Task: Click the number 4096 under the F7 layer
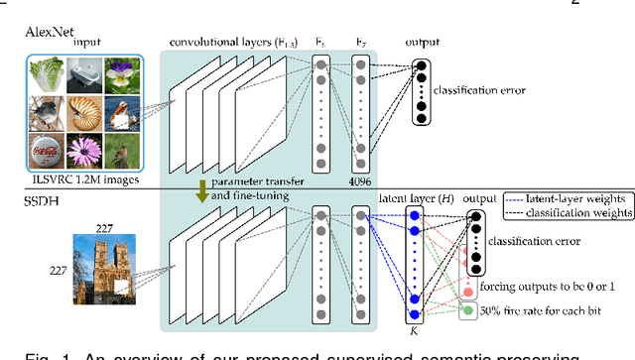click(x=359, y=181)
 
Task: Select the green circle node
click(x=466, y=312)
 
